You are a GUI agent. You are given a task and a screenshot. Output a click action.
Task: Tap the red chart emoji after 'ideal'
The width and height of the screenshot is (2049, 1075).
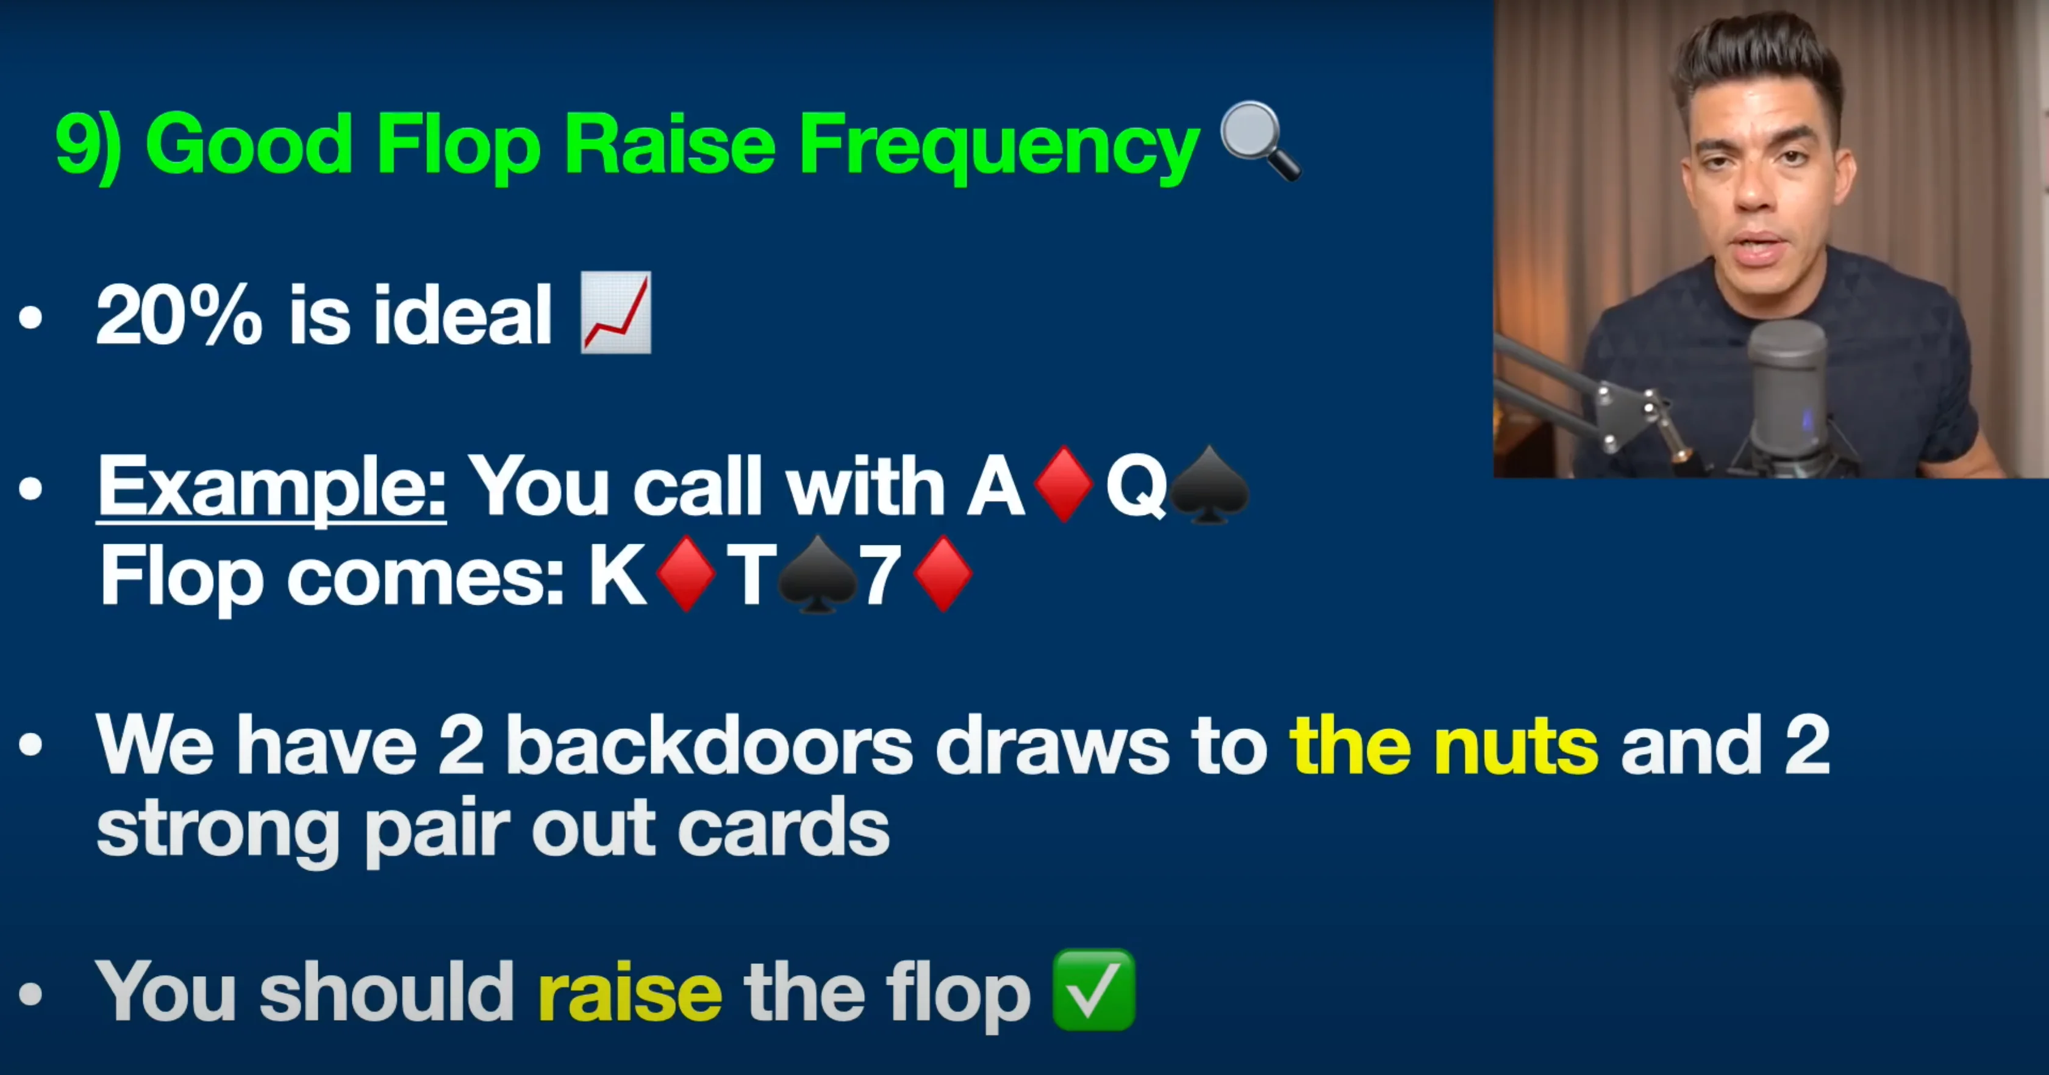[617, 313]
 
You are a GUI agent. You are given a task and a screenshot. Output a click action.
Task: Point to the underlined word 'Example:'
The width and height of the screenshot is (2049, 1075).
[271, 486]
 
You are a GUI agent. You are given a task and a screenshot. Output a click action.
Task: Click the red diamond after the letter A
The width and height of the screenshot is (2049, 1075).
[1064, 484]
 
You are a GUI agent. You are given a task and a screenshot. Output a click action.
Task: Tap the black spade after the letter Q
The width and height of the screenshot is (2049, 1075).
[1209, 484]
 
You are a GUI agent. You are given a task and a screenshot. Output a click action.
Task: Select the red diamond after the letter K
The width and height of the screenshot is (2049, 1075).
[685, 573]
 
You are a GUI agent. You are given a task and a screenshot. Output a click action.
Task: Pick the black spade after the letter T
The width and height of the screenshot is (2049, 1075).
[817, 575]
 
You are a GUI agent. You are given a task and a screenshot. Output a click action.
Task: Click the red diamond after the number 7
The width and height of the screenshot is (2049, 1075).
[943, 573]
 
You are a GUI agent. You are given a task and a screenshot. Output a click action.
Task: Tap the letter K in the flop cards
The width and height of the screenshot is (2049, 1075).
[617, 575]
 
